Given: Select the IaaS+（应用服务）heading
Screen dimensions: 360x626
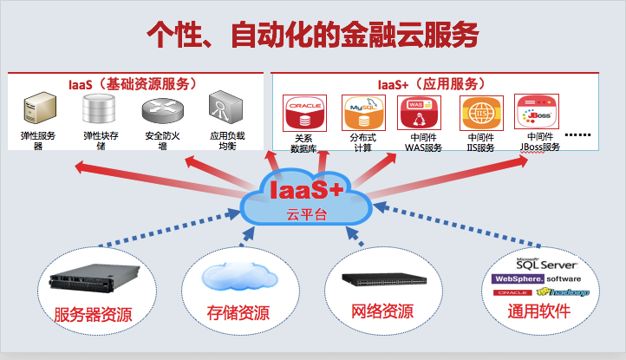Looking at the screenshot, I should pyautogui.click(x=430, y=84).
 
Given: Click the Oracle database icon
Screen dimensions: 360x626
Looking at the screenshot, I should pyautogui.click(x=303, y=114).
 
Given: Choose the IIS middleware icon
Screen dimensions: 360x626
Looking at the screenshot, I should pyautogui.click(x=479, y=114).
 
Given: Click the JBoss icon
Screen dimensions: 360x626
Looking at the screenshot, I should pyautogui.click(x=534, y=112).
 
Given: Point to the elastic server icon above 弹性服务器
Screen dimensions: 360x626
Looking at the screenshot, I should pyautogui.click(x=37, y=111).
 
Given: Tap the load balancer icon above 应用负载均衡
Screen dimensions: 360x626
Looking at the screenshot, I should pyautogui.click(x=223, y=111).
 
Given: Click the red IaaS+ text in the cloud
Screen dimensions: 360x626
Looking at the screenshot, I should pyautogui.click(x=305, y=190).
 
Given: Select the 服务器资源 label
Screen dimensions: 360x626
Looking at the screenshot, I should pyautogui.click(x=93, y=314).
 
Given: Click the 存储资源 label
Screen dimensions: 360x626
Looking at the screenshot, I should pyautogui.click(x=236, y=311).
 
